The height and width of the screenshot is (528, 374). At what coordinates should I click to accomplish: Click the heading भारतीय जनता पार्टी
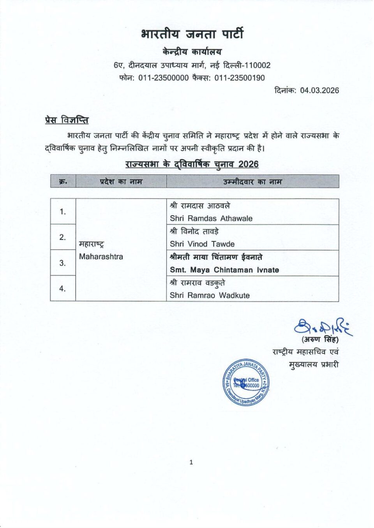coord(192,34)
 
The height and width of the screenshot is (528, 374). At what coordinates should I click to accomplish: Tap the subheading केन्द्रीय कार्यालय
coord(192,51)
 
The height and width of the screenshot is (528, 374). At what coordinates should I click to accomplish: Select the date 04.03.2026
coord(319,90)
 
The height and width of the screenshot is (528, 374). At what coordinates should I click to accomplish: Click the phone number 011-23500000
coord(164,78)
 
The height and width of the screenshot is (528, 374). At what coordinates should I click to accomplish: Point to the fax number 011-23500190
coord(240,78)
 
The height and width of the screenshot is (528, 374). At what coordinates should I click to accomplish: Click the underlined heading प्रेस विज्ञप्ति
coord(67,120)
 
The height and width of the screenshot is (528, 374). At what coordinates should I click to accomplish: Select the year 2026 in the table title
coord(249,164)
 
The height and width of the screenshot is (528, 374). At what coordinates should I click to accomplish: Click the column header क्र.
coord(63,181)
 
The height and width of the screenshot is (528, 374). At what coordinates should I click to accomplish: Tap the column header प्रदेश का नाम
coord(121,181)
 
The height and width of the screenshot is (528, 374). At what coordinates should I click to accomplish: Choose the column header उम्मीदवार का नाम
coord(252,181)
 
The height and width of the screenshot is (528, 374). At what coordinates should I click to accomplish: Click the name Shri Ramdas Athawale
coord(211,218)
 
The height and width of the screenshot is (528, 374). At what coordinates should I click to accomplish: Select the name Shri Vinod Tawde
coord(202,244)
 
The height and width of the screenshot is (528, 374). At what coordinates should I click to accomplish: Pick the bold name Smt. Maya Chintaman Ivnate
coord(224,270)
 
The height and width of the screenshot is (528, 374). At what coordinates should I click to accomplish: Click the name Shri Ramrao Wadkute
coord(210,296)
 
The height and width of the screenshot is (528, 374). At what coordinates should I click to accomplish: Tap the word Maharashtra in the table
coord(101,257)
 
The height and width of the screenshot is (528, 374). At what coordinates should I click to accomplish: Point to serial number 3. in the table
coord(63,263)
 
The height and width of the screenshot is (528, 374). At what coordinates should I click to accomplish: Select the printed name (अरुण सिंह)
coord(320,340)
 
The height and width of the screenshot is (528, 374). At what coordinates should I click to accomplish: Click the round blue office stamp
coord(246,382)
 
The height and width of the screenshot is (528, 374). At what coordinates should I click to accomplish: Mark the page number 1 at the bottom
coord(191,462)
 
